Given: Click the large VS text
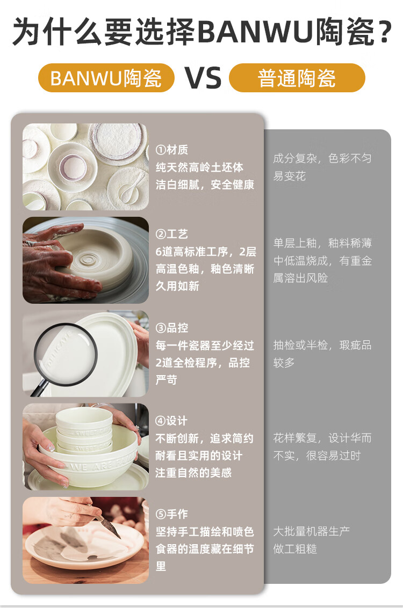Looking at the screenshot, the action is [203, 78].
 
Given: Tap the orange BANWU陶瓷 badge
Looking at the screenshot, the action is [106, 78].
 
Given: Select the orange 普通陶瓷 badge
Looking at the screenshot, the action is [297, 78].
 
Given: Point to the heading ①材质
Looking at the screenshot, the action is [171, 150].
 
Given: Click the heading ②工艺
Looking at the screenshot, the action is [171, 234].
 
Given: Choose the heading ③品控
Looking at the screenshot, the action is [171, 328].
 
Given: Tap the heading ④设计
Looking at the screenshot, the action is [171, 421].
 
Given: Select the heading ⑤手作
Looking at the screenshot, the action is [171, 514].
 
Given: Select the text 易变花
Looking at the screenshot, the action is [289, 176].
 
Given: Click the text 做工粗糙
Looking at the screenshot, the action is [295, 548].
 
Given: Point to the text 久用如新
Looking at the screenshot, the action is [177, 286].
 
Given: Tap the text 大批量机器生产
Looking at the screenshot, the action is [311, 531].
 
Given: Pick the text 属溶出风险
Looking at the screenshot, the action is [300, 278].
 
